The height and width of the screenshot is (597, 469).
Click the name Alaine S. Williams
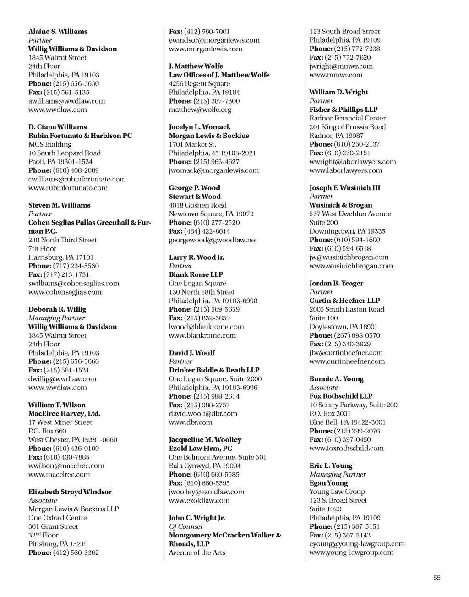(x=58, y=32)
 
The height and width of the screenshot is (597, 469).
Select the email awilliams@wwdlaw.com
(x=66, y=101)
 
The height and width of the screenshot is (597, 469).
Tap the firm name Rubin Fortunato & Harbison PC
(x=80, y=136)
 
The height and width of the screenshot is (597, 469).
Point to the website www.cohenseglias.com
(x=65, y=292)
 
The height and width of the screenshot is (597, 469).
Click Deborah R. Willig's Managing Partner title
(x=56, y=318)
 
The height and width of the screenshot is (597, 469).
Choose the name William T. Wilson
(x=57, y=405)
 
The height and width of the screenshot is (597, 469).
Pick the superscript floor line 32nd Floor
(x=44, y=535)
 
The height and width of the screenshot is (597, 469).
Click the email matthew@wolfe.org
(x=200, y=110)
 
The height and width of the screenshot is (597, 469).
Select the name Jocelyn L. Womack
(x=200, y=127)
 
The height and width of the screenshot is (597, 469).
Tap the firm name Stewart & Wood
(x=195, y=197)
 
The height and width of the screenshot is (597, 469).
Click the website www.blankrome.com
(x=202, y=335)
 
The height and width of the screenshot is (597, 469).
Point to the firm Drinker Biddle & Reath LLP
(x=214, y=370)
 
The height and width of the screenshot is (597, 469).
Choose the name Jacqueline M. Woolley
(x=205, y=440)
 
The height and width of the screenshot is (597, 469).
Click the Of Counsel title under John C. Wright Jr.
(x=185, y=526)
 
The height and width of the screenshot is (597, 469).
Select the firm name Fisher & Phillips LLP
(x=343, y=110)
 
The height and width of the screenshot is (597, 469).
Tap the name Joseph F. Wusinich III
(x=344, y=188)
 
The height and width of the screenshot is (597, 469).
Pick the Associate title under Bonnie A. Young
(x=323, y=388)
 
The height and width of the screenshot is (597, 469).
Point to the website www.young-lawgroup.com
(x=351, y=553)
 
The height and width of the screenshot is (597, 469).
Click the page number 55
(x=437, y=578)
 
